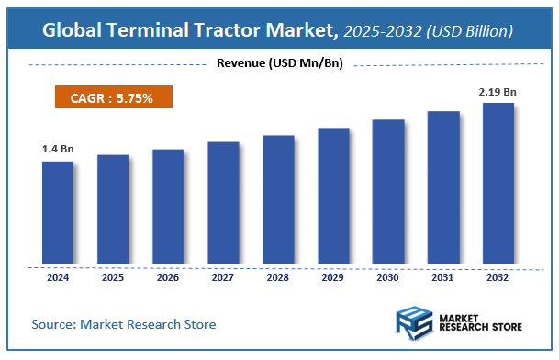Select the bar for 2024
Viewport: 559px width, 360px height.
(x=58, y=213)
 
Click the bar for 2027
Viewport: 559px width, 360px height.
(x=223, y=203)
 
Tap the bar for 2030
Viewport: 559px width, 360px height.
(x=388, y=192)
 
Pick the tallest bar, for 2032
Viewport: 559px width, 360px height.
(x=498, y=184)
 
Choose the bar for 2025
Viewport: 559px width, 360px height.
(x=113, y=209)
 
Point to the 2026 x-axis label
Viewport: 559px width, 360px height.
(x=168, y=277)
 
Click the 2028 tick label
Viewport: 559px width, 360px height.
(x=278, y=277)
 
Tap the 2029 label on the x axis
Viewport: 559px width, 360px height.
(x=333, y=277)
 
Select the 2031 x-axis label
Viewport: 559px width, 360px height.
(x=443, y=277)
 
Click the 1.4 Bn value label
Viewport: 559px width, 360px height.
(x=57, y=148)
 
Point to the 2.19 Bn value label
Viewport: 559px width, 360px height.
(x=498, y=91)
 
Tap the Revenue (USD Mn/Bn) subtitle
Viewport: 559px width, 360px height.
(x=280, y=62)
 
